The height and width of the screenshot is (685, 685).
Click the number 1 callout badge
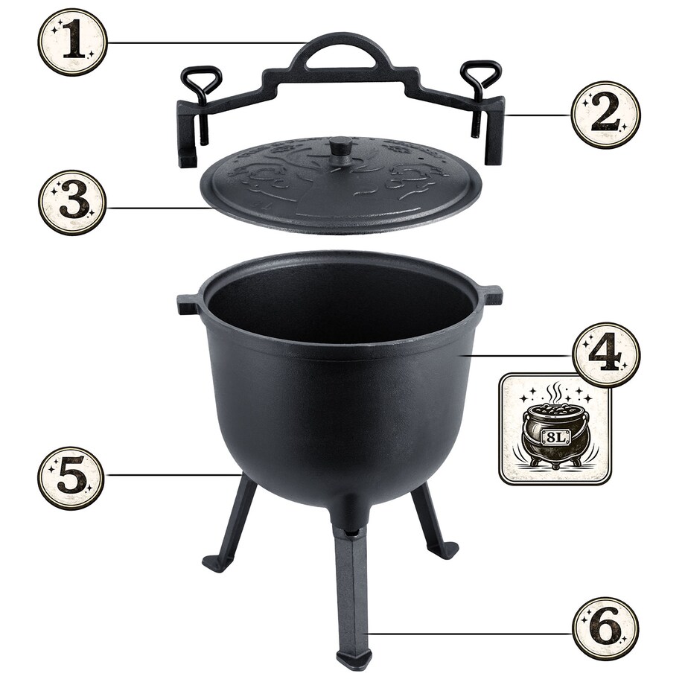(72, 42)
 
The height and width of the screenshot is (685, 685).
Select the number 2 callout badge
(606, 115)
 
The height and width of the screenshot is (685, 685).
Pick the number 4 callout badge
(605, 355)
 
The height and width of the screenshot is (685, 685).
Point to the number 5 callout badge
(71, 478)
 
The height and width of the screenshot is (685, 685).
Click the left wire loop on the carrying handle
(201, 87)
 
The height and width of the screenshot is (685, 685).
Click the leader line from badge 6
(470, 633)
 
